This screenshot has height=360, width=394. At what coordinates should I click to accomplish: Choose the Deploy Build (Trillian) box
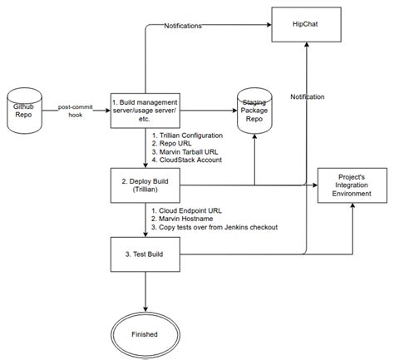(145, 185)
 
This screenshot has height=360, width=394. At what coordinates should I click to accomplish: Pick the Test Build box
(145, 253)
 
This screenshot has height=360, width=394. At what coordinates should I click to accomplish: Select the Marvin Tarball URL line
(190, 150)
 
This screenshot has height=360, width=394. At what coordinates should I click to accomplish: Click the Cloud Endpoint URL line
(191, 210)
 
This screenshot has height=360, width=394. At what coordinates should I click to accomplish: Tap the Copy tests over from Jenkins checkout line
(214, 227)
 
